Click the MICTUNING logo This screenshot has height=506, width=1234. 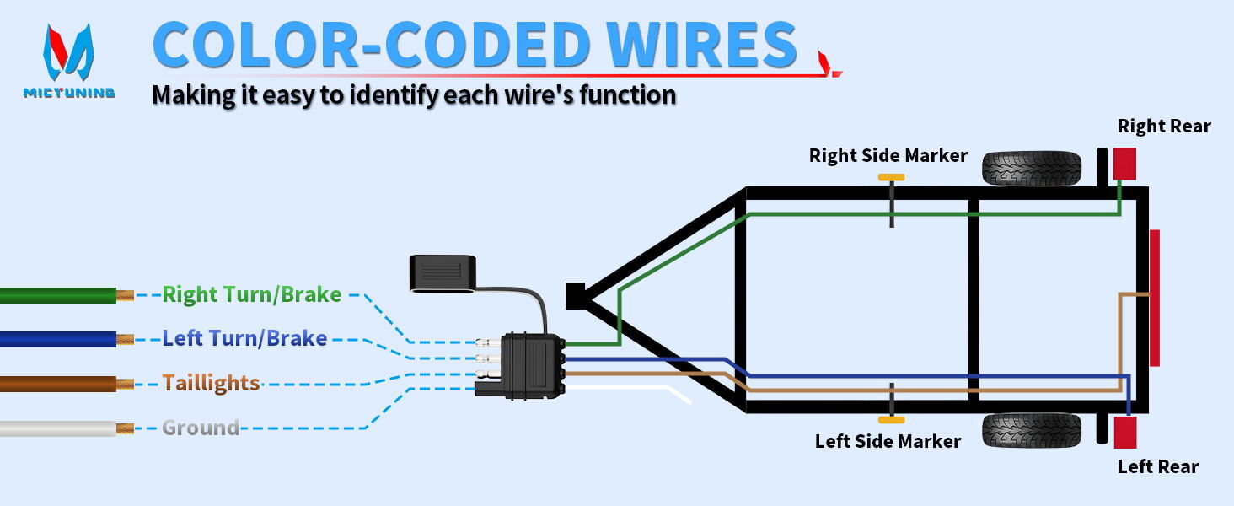tap(69, 62)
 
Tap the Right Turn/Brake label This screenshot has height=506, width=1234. tap(252, 294)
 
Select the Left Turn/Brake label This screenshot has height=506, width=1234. tap(244, 338)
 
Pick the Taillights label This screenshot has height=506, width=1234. tap(211, 383)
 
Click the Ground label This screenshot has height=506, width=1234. tap(201, 428)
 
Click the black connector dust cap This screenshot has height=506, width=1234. tap(443, 273)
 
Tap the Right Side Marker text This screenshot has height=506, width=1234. tap(888, 155)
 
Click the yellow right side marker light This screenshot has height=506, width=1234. tap(891, 177)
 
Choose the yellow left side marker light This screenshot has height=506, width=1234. tap(891, 420)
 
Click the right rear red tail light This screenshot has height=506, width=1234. tap(1125, 164)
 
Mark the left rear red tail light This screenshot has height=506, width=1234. tap(1125, 432)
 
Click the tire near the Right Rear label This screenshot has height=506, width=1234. tap(1031, 168)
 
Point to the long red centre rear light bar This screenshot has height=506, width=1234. tap(1155, 298)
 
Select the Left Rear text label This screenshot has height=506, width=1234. tap(1158, 467)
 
